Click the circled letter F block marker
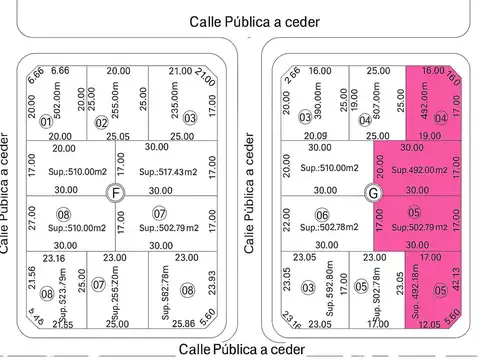pyautogui.click(x=118, y=192)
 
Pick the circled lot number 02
pyautogui.click(x=101, y=123)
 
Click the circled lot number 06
pyautogui.click(x=322, y=215)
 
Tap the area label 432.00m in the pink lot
pyautogui.click(x=424, y=100)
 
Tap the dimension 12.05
pyautogui.click(x=429, y=324)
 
